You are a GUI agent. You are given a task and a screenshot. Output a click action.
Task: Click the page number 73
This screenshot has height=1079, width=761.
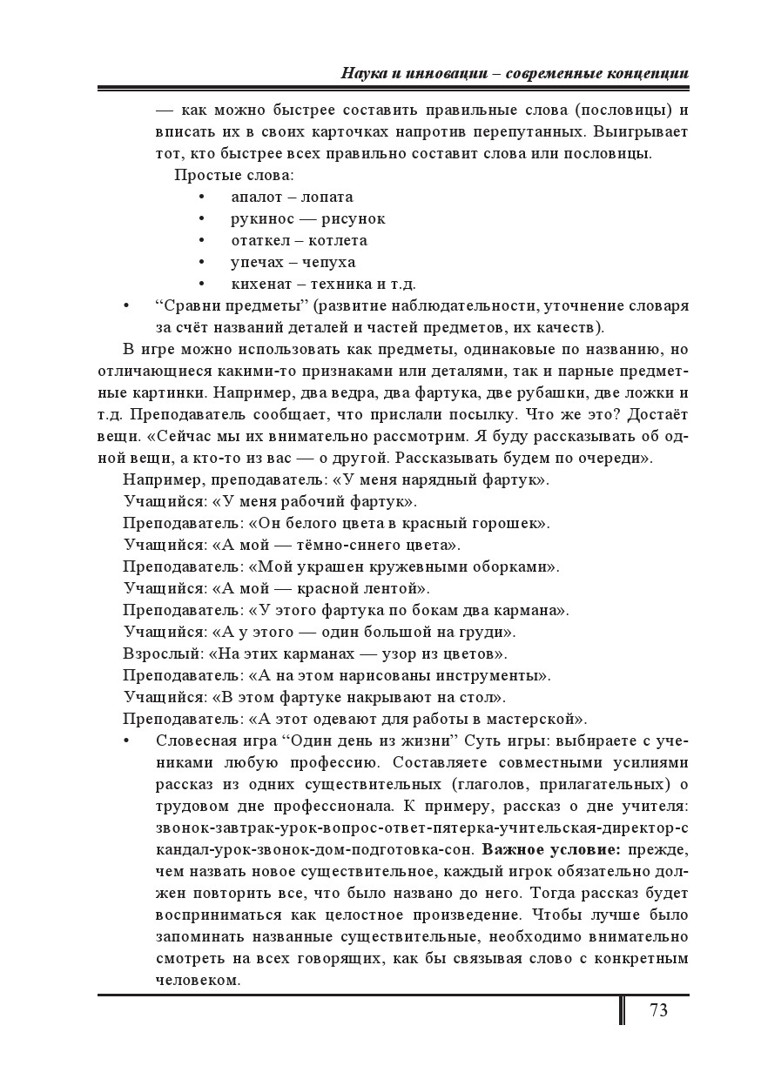pyautogui.click(x=657, y=1010)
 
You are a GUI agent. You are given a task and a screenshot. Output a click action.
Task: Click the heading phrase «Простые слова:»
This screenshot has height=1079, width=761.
pyautogui.click(x=222, y=175)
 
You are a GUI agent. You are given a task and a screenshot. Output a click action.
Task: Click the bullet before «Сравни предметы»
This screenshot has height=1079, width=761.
pyautogui.click(x=127, y=306)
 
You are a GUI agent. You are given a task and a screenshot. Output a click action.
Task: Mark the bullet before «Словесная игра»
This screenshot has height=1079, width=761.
pyautogui.click(x=127, y=741)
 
